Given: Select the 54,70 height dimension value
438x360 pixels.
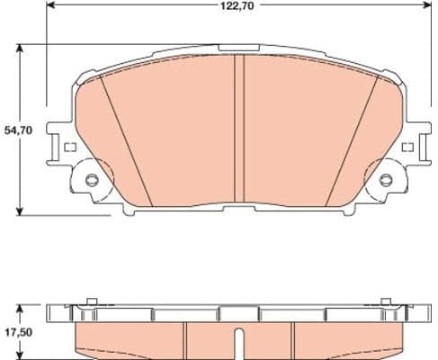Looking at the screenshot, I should click(x=18, y=130).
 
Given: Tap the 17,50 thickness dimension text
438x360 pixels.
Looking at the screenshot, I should click(x=18, y=332).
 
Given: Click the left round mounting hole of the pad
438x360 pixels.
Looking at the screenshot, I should click(x=90, y=180).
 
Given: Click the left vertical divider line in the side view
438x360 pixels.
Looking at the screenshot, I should click(x=184, y=337).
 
